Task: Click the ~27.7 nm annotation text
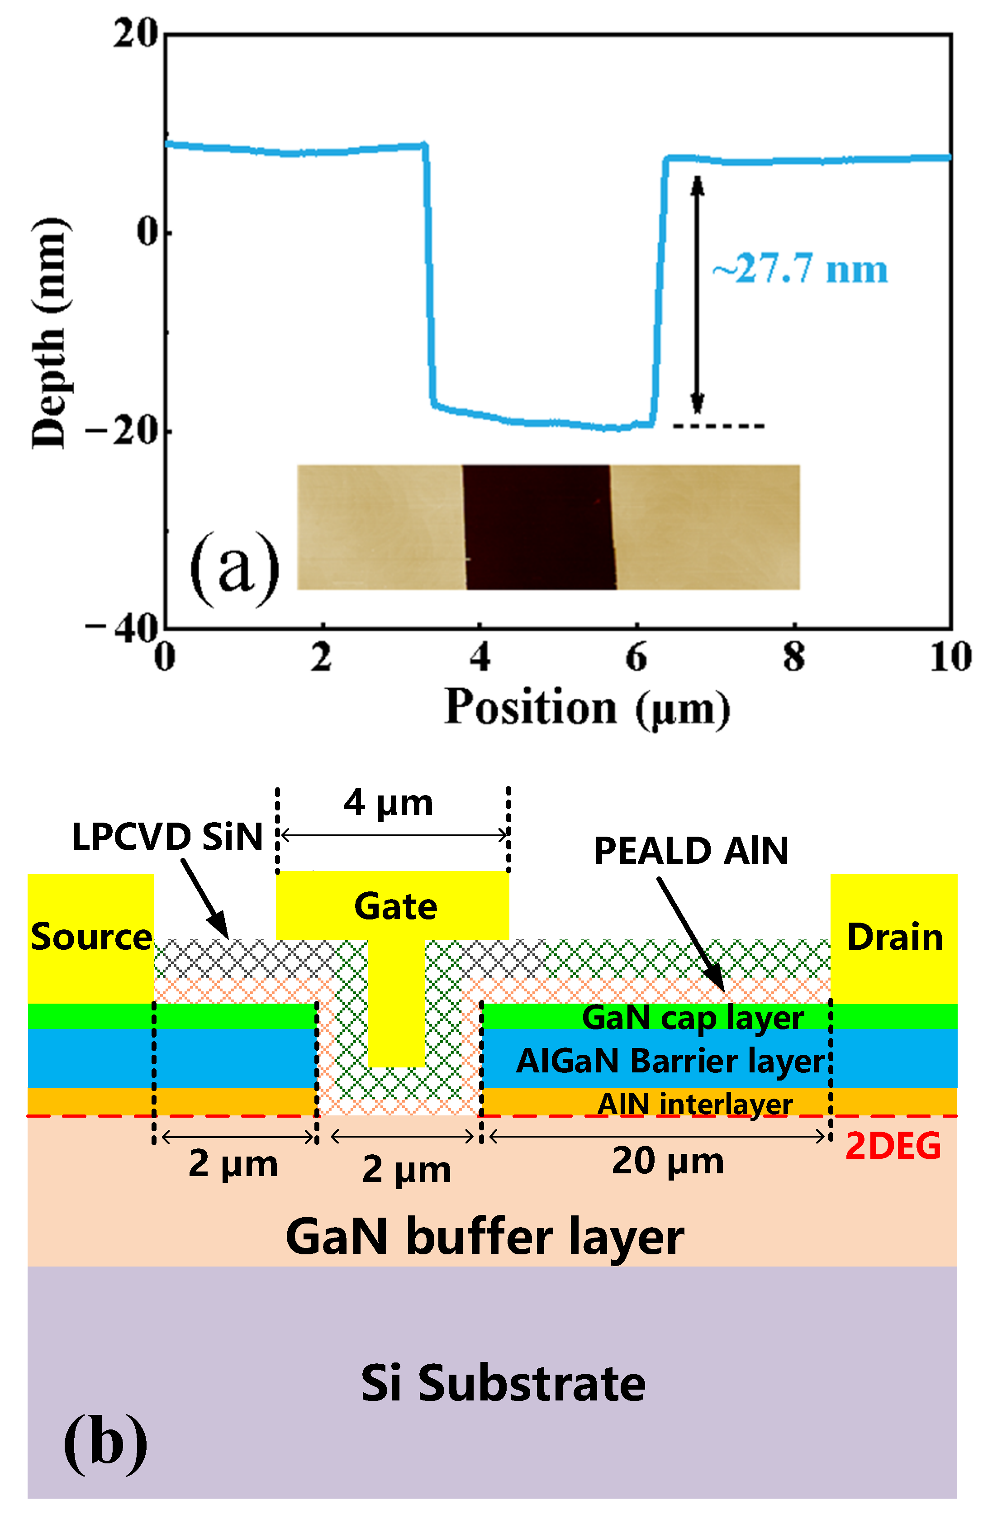pyautogui.click(x=800, y=269)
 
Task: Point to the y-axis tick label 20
pyautogui.click(x=135, y=33)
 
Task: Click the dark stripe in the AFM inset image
pyautogui.click(x=539, y=526)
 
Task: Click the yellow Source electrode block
pyautogui.click(x=90, y=937)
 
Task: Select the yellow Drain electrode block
pyautogui.click(x=893, y=937)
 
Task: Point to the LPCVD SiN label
pyautogui.click(x=167, y=836)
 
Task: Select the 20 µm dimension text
pyautogui.click(x=668, y=1160)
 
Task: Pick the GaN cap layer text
pyautogui.click(x=693, y=1018)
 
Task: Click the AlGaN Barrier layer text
pyautogui.click(x=670, y=1061)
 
